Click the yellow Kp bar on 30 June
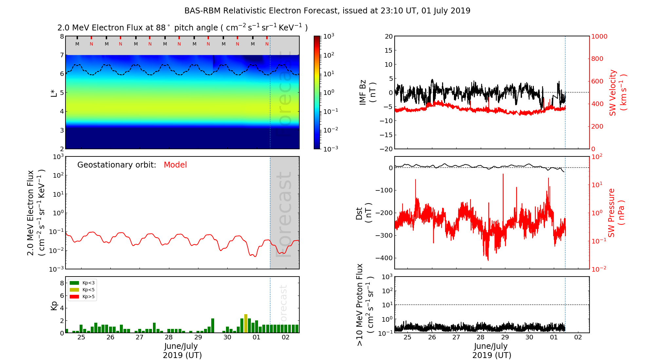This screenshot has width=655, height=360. (246, 323)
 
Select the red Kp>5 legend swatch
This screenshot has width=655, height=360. (74, 297)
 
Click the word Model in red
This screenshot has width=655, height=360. (175, 165)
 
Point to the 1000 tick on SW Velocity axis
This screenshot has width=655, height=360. (599, 36)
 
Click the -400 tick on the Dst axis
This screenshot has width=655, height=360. (384, 258)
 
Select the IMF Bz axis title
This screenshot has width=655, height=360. (367, 92)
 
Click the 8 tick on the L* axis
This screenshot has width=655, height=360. (62, 36)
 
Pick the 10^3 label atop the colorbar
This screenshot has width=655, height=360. (328, 36)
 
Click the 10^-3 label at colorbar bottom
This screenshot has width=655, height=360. (330, 149)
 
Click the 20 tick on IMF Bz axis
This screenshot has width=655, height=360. (388, 36)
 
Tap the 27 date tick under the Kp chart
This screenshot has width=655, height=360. (140, 337)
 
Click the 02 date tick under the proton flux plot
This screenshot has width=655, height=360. (578, 337)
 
